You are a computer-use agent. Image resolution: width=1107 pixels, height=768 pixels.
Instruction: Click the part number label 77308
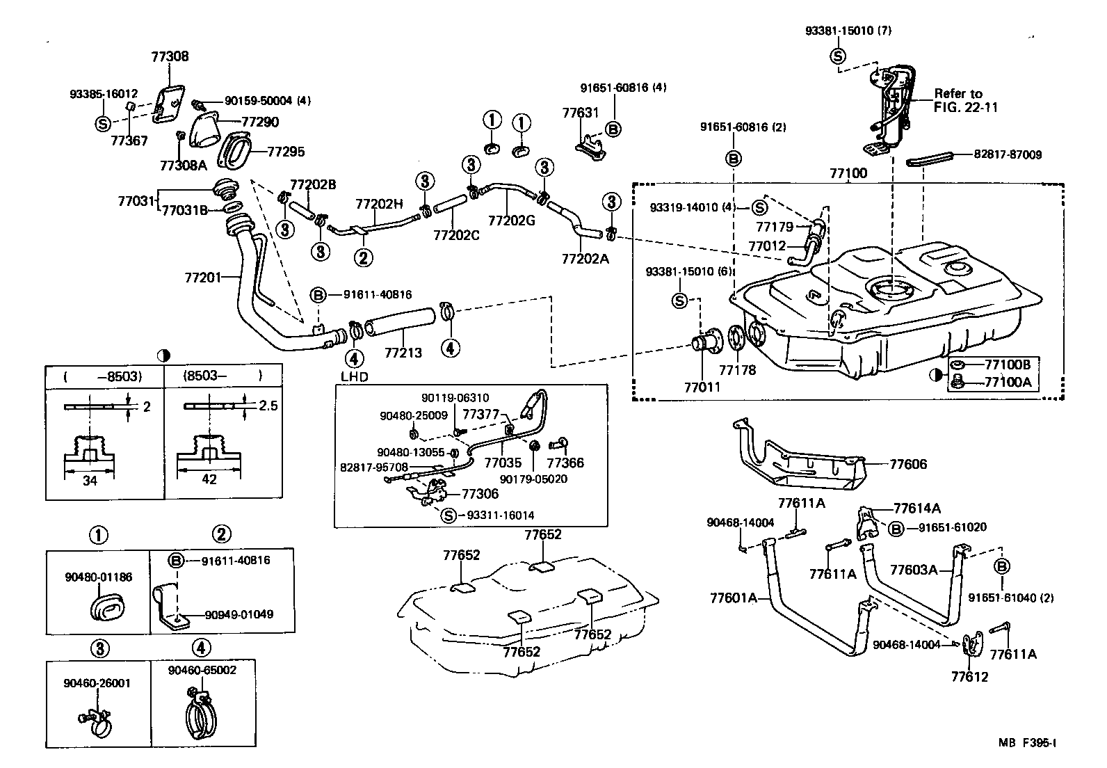pos(170,56)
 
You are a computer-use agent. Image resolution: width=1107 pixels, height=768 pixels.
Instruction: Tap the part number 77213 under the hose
pos(403,353)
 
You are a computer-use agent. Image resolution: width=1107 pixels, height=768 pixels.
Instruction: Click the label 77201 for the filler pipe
pos(203,278)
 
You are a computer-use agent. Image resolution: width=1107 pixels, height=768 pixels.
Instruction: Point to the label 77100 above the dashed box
pos(848,173)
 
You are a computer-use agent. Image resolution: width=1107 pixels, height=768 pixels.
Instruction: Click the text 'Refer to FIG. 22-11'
pos(958,100)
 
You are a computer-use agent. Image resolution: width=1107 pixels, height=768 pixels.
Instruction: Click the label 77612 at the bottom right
pos(969,677)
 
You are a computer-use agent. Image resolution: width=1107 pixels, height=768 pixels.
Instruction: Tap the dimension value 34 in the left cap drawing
pos(90,480)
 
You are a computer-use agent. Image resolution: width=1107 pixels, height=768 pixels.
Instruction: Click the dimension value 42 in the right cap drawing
pos(209,480)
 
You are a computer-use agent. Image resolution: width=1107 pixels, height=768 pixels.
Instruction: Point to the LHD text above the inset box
pos(354,377)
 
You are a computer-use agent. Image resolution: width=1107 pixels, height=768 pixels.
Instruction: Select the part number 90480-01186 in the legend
pos(98,577)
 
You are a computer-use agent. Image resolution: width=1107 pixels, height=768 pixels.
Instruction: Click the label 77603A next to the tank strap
pos(914,570)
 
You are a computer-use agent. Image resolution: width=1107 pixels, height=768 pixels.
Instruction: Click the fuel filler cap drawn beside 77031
pos(225,188)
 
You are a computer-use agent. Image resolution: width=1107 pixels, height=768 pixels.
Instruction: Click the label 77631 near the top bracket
pos(580,112)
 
